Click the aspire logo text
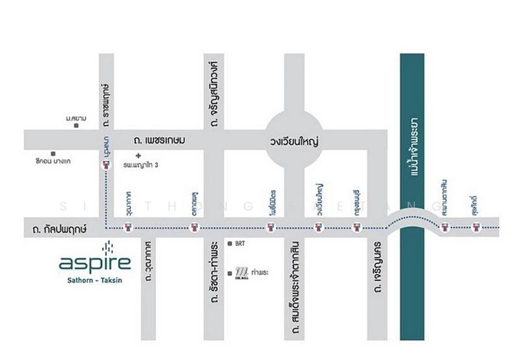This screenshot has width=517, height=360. (95, 263)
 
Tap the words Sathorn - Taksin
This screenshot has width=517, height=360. (95, 279)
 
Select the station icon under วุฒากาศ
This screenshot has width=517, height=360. (129, 227)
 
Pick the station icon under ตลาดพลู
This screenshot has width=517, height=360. (193, 227)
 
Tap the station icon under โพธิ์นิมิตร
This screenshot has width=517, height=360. (272, 227)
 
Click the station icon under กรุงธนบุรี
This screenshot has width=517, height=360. (355, 227)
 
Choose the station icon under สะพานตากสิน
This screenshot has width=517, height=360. (444, 227)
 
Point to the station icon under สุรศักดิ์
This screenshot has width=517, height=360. (476, 227)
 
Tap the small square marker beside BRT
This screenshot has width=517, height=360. (231, 244)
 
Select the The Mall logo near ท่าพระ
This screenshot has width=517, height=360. (241, 272)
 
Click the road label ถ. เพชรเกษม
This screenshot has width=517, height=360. (160, 140)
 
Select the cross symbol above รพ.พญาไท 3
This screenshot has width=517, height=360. (138, 156)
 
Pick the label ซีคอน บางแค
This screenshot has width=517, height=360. (54, 160)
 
